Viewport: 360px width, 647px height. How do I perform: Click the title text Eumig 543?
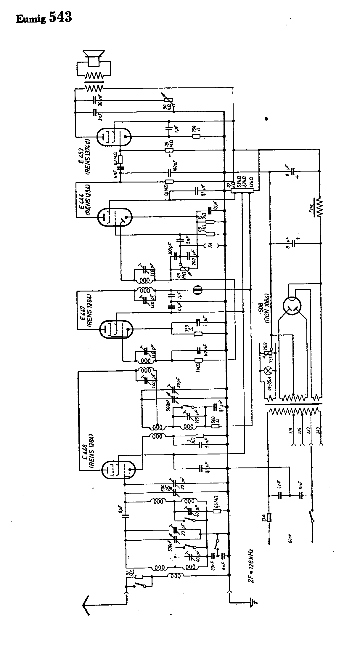[x=44, y=18]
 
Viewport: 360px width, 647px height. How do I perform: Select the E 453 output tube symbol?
[x=114, y=137]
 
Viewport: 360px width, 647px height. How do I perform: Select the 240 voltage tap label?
[x=318, y=431]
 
